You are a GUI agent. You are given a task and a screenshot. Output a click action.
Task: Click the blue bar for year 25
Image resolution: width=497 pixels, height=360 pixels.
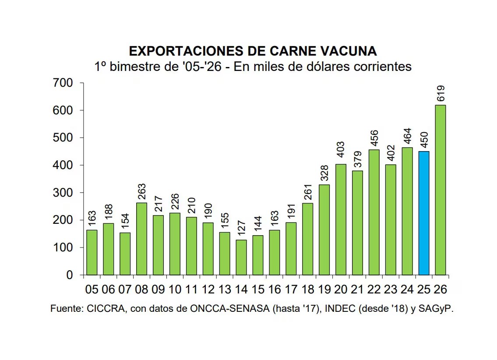click(x=424, y=213)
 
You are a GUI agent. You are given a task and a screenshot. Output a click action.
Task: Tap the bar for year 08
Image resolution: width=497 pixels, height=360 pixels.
click(x=142, y=239)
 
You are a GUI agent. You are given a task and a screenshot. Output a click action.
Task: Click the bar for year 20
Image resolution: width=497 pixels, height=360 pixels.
click(x=341, y=219)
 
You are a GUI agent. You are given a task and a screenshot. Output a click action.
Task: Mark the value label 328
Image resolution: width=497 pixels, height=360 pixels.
click(x=324, y=175)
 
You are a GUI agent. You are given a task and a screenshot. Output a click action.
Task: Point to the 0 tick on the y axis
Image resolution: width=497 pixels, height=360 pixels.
click(x=69, y=275)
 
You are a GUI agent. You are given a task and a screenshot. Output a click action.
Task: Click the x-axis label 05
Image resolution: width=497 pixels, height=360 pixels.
click(x=92, y=289)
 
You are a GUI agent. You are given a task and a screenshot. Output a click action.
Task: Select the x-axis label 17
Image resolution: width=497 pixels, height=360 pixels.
click(x=291, y=289)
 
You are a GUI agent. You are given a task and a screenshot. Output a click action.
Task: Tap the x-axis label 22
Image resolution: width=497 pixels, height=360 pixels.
click(x=374, y=289)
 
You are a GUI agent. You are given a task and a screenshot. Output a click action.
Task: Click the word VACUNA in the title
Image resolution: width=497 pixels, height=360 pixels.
click(x=342, y=51)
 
